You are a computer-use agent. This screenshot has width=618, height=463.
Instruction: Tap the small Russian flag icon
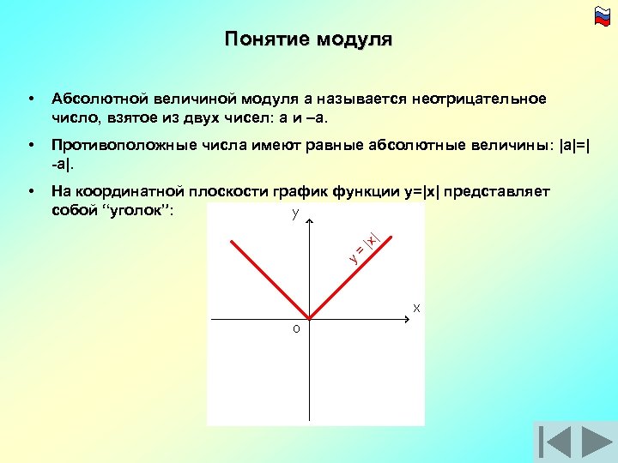tap(601, 15)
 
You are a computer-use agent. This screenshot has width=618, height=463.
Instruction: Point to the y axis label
tap(294, 213)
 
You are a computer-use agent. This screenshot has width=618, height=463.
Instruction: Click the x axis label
tap(416, 307)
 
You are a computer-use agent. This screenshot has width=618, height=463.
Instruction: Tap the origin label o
tap(295, 329)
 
